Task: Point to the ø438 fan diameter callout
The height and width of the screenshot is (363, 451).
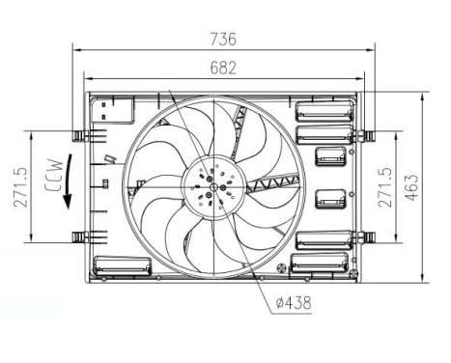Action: (x=293, y=303)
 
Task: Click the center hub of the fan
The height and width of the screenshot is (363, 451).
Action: (x=211, y=183)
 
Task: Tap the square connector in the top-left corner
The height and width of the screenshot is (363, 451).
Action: (x=103, y=110)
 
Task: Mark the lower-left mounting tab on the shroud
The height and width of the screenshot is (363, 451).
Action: (x=79, y=237)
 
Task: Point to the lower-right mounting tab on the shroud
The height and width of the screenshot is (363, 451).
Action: (x=365, y=237)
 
